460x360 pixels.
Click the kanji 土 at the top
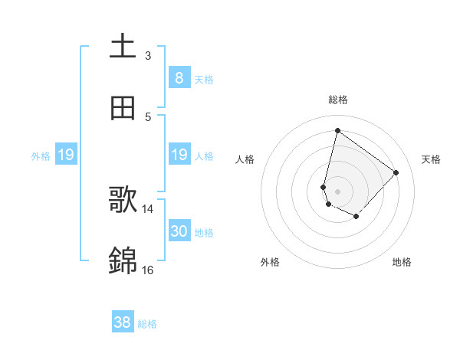[x=123, y=47]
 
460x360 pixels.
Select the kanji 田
[x=123, y=109]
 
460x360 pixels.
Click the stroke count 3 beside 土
[x=148, y=55]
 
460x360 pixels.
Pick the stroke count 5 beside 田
[x=148, y=116]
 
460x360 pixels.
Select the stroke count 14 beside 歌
[x=148, y=208]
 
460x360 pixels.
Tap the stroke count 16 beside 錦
[x=148, y=270]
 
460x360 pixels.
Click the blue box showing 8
[x=179, y=77]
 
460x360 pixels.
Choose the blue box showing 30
[x=179, y=231]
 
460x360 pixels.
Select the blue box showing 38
[x=123, y=322]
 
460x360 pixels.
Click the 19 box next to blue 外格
[x=66, y=155]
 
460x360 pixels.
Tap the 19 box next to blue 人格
[x=179, y=155]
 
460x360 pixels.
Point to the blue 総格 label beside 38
[x=147, y=324]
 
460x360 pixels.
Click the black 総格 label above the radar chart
[x=338, y=100]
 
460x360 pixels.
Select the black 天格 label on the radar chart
[x=431, y=159]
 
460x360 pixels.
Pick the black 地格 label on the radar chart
[x=402, y=262]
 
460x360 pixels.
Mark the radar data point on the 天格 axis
[x=396, y=172]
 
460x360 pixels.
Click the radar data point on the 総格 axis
[x=337, y=130]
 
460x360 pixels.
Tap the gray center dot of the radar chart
[x=337, y=191]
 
